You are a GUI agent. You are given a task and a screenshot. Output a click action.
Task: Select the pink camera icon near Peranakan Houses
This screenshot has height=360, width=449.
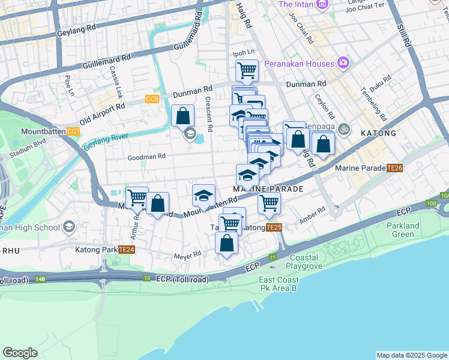click(343, 62)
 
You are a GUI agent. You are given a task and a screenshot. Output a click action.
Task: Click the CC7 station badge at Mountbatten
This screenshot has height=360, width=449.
click(73, 131)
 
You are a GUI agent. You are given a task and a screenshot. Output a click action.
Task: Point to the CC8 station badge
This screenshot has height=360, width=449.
click(152, 99)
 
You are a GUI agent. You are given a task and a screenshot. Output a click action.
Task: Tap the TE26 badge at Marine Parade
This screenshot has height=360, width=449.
click(394, 168)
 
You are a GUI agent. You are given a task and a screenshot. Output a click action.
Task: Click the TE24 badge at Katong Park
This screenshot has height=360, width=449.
click(126, 250)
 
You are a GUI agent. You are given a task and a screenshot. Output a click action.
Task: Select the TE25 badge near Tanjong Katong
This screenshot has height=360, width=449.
click(273, 227)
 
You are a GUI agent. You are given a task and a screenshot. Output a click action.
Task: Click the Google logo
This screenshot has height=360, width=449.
click(20, 353)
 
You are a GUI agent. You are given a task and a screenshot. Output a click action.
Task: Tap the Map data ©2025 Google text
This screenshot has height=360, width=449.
click(411, 355)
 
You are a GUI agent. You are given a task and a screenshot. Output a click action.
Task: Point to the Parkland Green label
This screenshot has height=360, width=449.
click(403, 230)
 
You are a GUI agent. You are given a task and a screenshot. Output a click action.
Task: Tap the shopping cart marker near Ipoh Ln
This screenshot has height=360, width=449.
click(247, 70)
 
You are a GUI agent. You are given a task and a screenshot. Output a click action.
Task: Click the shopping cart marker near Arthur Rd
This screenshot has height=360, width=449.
click(137, 196)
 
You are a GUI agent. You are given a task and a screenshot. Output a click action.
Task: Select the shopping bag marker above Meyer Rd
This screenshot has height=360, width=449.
click(226, 242)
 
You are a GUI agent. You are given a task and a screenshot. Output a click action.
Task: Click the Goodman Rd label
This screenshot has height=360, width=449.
click(146, 157)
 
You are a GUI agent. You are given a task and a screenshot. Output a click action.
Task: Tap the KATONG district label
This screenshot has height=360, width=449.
click(378, 133)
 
